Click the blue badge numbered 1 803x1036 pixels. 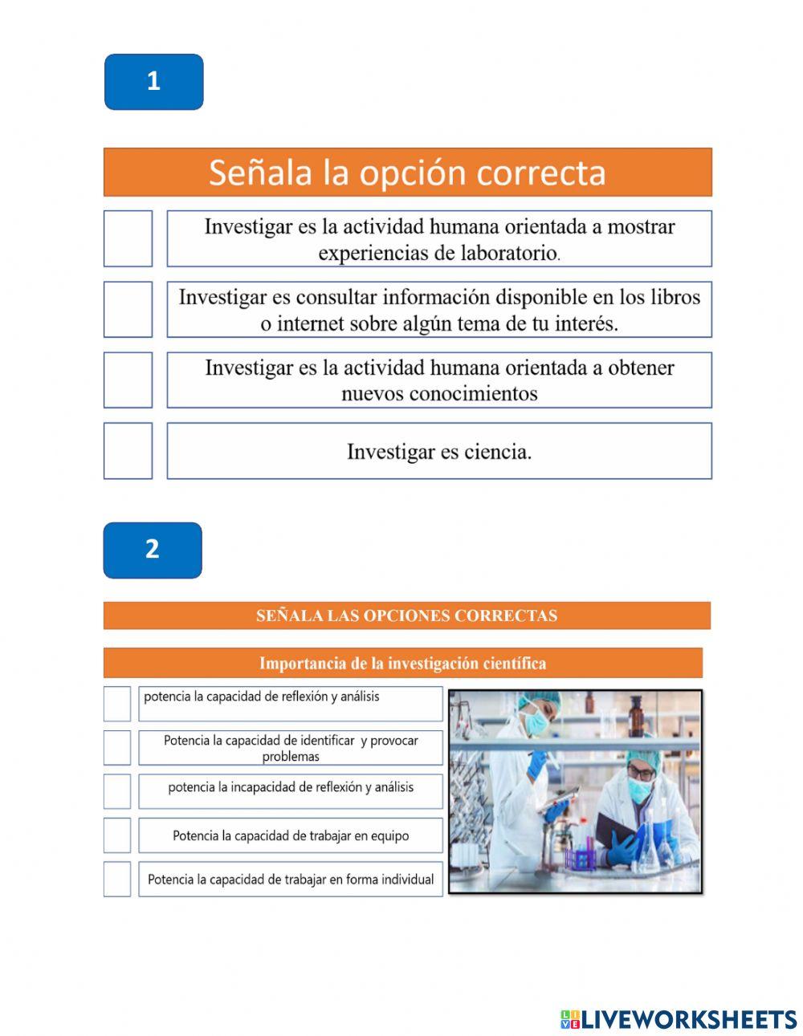tap(153, 82)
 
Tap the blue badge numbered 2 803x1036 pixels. tap(153, 551)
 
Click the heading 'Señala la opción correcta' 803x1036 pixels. tap(407, 173)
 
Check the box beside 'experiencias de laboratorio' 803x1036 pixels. tap(128, 238)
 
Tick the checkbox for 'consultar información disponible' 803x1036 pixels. tap(128, 309)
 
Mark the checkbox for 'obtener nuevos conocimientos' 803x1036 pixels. tap(128, 380)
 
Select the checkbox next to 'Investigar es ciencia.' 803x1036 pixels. tap(128, 451)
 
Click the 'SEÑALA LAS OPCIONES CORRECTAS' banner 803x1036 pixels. tap(406, 616)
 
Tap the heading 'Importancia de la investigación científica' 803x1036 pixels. tap(402, 664)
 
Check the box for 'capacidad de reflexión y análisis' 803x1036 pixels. tap(117, 704)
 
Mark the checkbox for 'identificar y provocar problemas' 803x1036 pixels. tap(117, 747)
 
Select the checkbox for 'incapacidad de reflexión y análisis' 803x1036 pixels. tap(117, 791)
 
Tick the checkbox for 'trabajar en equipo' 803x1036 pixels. tap(117, 835)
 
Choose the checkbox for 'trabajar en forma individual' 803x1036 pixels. tap(117, 879)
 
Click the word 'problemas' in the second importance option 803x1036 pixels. tap(291, 757)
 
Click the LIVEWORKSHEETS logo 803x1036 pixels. tap(679, 1019)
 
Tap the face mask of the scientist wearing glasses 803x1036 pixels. tap(640, 790)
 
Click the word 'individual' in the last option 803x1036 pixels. tap(407, 880)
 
